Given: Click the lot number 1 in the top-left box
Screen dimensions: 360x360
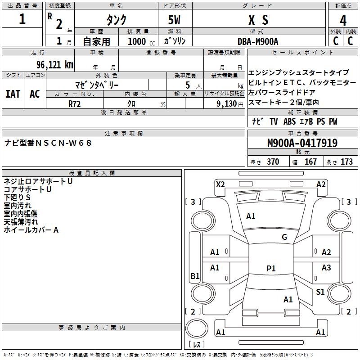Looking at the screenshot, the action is tap(22, 20).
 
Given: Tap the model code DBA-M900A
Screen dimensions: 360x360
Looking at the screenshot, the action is tap(258, 41).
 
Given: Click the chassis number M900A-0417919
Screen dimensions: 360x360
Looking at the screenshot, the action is tap(302, 143).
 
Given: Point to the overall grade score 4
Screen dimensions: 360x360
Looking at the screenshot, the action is tap(343, 20).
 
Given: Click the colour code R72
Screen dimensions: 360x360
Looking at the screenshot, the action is tap(74, 103).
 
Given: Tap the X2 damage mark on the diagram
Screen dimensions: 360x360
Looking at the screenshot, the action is tap(220, 184).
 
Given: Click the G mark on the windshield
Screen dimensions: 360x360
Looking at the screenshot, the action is tap(284, 237).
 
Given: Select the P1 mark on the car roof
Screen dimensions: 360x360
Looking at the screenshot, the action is tap(271, 268).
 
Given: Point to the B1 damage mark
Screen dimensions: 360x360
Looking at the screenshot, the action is tap(195, 276).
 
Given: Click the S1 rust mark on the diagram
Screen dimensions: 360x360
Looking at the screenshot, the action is tap(320, 292).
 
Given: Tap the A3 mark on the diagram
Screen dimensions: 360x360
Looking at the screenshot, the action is tap(326, 268).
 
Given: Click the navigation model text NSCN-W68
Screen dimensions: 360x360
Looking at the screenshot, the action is tap(63, 143).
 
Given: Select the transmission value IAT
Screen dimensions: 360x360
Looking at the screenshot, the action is tap(13, 94).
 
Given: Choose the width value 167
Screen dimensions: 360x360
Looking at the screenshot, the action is tap(310, 162).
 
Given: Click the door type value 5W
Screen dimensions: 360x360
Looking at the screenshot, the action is tap(175, 20).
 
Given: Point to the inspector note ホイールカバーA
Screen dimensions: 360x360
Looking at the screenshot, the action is tap(31, 230).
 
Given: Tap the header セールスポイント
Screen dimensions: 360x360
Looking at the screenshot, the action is tap(303, 53).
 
